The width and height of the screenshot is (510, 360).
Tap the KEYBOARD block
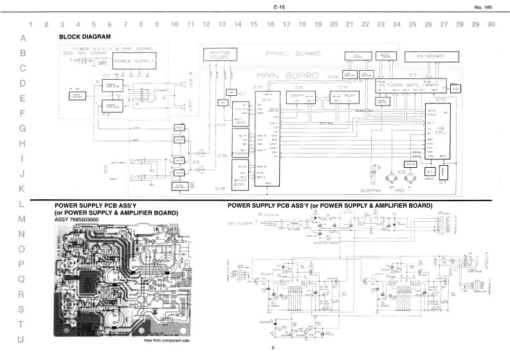point(434,56)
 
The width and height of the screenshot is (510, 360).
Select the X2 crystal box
point(455,89)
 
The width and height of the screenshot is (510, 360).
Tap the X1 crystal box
point(430,172)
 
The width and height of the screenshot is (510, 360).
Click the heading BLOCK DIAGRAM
point(85,37)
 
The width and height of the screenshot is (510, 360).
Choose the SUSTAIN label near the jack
point(372,192)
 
